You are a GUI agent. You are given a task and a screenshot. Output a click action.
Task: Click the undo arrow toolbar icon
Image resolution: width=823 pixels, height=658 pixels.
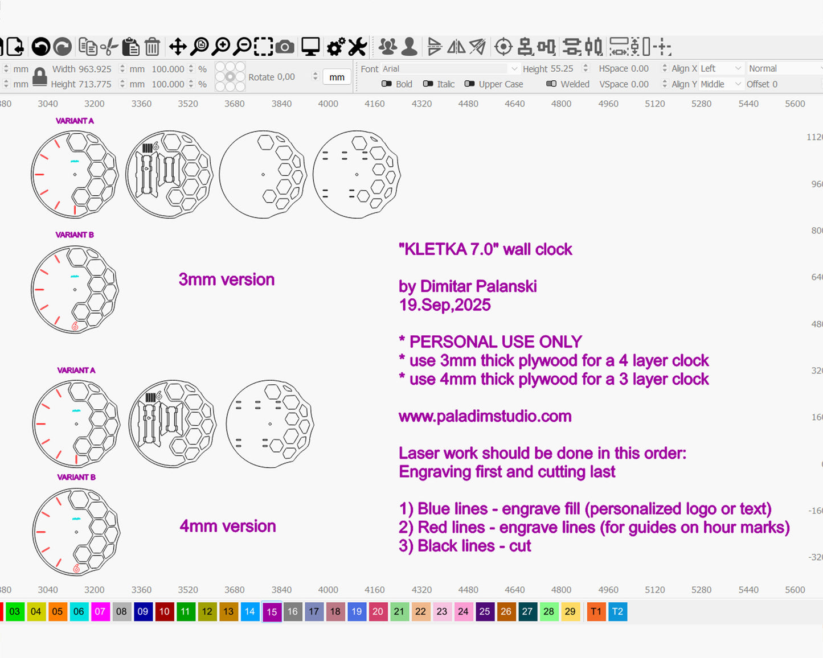point(40,47)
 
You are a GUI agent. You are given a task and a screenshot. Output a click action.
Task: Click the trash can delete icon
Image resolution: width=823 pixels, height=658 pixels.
point(152,47)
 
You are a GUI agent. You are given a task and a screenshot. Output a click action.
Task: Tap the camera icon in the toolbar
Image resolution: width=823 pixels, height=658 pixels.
point(285,47)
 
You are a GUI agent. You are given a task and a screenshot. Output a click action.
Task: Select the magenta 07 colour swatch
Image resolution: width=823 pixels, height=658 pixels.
point(100,611)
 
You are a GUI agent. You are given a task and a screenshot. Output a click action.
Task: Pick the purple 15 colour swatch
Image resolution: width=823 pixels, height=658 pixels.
point(272,612)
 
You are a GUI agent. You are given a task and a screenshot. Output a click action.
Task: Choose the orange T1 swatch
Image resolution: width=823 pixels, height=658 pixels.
point(596,611)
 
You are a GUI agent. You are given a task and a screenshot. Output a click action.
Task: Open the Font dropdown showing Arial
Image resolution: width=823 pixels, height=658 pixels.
point(449,69)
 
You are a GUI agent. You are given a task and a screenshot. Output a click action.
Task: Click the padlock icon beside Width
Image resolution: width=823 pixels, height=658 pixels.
point(39,76)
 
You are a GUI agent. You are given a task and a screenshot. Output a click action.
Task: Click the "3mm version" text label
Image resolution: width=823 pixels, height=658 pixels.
point(227,279)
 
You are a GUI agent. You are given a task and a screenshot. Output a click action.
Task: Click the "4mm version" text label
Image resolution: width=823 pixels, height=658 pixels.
point(228,526)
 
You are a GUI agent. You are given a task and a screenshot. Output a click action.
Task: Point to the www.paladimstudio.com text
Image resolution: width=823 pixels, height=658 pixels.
point(485,416)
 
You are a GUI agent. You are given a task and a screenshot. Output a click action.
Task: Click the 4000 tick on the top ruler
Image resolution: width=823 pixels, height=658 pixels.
point(328,104)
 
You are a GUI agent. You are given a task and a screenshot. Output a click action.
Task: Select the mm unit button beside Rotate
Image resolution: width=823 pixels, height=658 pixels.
point(337,77)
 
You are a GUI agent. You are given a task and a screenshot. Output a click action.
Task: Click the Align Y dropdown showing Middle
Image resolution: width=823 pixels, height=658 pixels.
point(721,84)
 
